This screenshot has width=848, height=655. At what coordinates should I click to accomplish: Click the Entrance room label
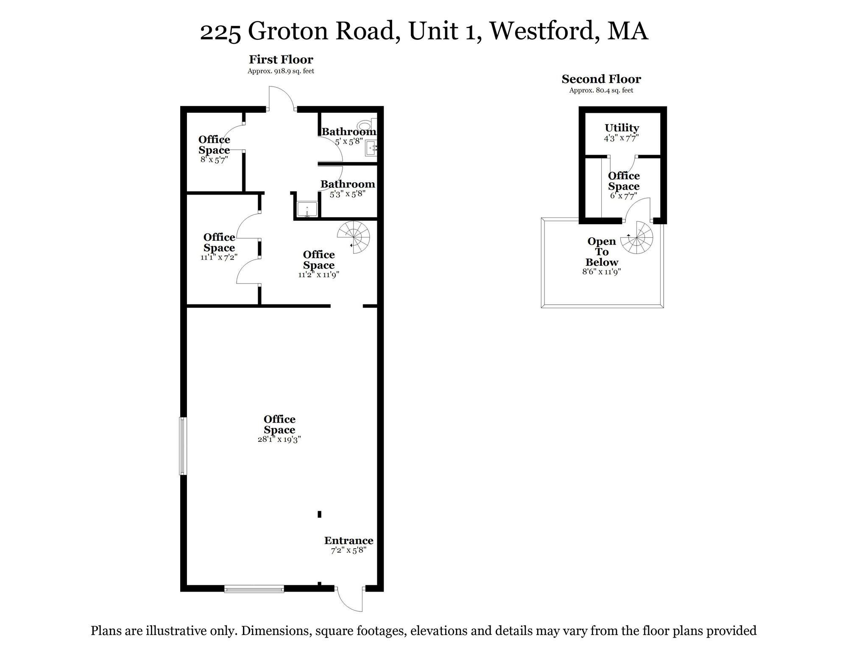click(x=349, y=541)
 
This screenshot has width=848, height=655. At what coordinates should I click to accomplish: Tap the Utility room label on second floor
click(x=622, y=128)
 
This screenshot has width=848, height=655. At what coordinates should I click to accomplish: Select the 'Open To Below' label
click(x=602, y=252)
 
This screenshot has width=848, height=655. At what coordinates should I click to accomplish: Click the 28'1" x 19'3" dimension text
click(x=279, y=440)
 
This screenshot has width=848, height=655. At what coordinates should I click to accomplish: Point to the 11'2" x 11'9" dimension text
click(x=318, y=275)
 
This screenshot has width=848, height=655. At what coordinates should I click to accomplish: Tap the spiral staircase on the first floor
click(x=354, y=237)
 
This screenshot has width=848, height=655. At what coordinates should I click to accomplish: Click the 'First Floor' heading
click(x=281, y=59)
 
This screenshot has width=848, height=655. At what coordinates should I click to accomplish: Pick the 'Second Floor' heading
click(x=601, y=79)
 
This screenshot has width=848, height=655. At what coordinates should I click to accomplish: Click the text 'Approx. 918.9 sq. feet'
click(x=281, y=71)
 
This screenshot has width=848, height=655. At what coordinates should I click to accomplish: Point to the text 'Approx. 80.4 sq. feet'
click(x=601, y=90)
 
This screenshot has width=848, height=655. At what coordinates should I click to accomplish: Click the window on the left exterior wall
click(x=183, y=446)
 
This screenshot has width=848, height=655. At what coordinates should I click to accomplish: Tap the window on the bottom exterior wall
click(x=254, y=588)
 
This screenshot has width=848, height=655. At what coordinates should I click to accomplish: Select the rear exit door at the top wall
click(x=281, y=98)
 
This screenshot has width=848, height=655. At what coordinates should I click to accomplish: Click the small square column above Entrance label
click(x=319, y=514)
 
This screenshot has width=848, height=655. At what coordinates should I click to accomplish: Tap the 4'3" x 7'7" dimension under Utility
click(x=621, y=138)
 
